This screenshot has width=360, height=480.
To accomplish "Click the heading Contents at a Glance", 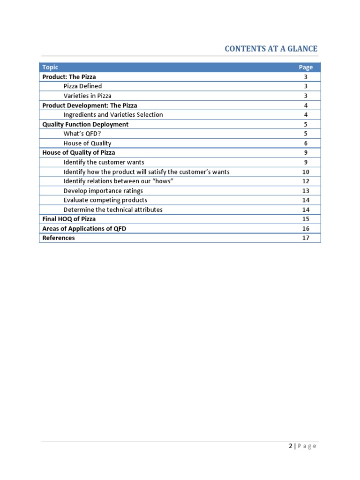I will pos(271,49).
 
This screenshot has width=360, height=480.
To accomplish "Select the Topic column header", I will pos(50,67).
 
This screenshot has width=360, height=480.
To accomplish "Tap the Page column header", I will pos(306,67).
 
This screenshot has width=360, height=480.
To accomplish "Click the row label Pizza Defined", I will pos(82,86).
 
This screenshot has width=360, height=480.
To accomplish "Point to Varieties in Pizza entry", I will pos(88,96).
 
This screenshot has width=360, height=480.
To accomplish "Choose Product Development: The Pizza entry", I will pos(90,105).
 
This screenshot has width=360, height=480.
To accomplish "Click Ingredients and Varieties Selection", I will pos(113,115).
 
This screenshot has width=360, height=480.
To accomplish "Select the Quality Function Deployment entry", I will pos(85,124).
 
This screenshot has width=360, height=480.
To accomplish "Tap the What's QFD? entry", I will pos(82,134).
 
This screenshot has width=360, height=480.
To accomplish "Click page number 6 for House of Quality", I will pos(306,143).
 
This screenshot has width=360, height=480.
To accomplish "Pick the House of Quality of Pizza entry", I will pos(78,152).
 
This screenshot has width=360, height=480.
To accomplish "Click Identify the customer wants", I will pos(104,162).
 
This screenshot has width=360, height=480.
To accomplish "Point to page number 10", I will pos(306,172).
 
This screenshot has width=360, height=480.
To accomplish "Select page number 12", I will pos(306,181).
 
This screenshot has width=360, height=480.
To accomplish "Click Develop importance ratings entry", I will pos(103,191).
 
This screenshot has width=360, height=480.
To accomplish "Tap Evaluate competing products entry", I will pos(105,200).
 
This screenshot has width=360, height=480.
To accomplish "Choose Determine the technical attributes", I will pos(113,210).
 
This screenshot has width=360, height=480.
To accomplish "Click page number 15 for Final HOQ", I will pos(306,219).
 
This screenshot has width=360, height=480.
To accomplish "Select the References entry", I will pos(58,238).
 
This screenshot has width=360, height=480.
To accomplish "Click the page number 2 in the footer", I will pos(291,446).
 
